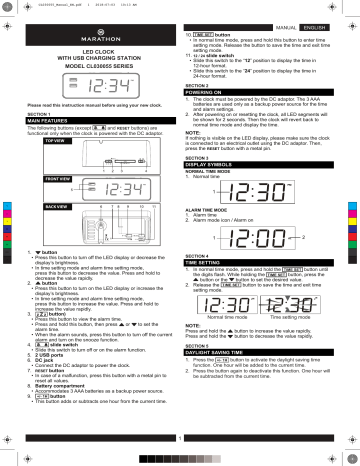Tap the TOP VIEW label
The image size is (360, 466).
[x=29, y=142]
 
